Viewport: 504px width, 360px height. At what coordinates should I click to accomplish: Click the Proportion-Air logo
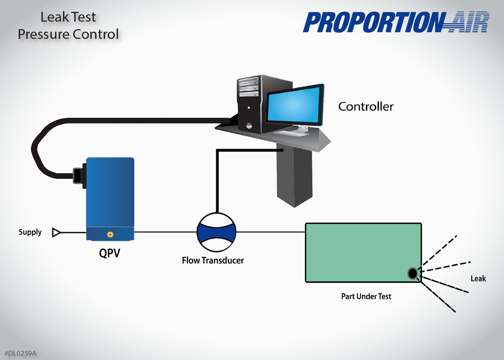pos(396,22)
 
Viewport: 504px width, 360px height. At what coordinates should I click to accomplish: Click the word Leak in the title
pos(54,17)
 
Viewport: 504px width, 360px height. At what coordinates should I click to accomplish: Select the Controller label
pos(366,107)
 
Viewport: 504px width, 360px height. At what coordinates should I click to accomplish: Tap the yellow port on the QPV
pos(110,234)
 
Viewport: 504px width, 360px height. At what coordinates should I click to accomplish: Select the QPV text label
pos(109,253)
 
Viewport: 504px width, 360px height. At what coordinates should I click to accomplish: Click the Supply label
pos(30,232)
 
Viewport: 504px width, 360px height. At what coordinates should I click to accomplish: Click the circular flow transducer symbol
pos(216,232)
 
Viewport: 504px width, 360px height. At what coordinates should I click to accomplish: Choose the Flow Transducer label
pos(213,260)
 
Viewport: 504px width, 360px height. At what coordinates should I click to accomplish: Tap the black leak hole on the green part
pos(413,274)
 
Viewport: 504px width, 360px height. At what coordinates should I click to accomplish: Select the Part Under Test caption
pos(366,296)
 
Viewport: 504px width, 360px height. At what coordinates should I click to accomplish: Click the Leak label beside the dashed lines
pos(478,279)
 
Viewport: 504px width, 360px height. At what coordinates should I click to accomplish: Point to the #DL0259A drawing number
pos(21,353)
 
